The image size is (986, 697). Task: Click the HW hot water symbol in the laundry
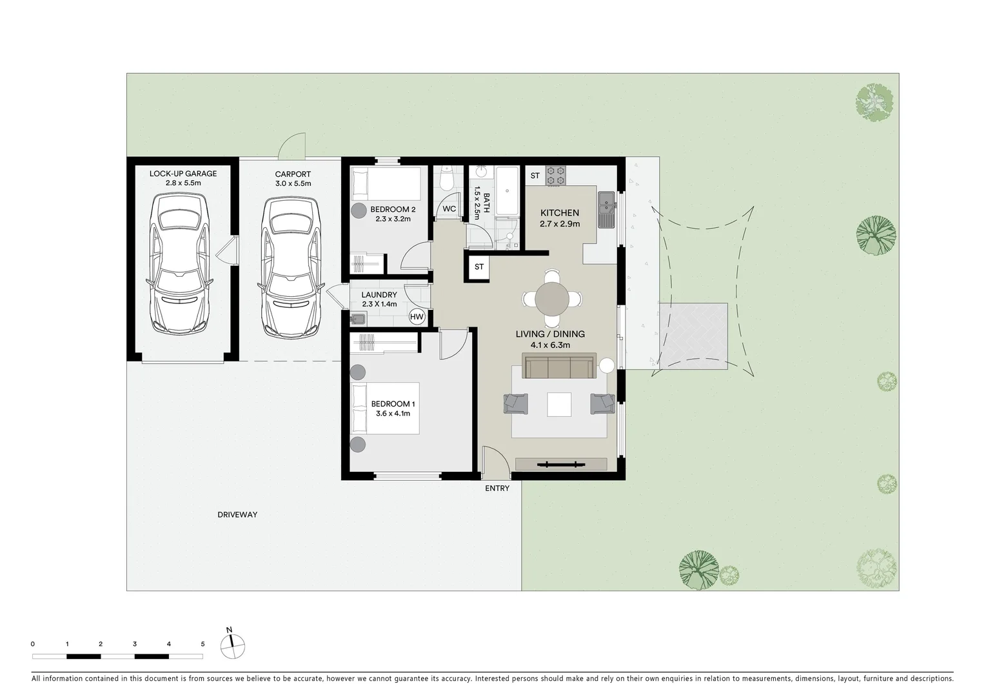point(417,317)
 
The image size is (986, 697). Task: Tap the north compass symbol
point(233,644)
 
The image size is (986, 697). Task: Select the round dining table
point(552,298)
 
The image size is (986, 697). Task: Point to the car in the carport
point(290,265)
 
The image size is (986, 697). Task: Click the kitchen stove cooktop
point(556,176)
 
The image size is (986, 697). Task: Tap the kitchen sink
point(606,210)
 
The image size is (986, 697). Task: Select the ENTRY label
point(497,489)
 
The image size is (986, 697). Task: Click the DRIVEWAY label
point(237,515)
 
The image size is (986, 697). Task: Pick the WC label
point(449,208)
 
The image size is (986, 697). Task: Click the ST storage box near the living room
point(479,267)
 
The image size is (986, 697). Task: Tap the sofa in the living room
point(559,367)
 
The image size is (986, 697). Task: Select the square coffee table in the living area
point(559,405)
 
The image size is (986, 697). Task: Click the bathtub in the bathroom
point(508,190)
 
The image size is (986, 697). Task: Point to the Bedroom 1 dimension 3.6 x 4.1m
point(393,414)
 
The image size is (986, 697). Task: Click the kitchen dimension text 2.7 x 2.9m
point(559,224)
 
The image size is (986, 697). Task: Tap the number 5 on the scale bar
point(202,644)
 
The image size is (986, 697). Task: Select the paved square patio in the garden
point(693,336)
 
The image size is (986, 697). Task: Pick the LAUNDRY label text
point(379,295)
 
